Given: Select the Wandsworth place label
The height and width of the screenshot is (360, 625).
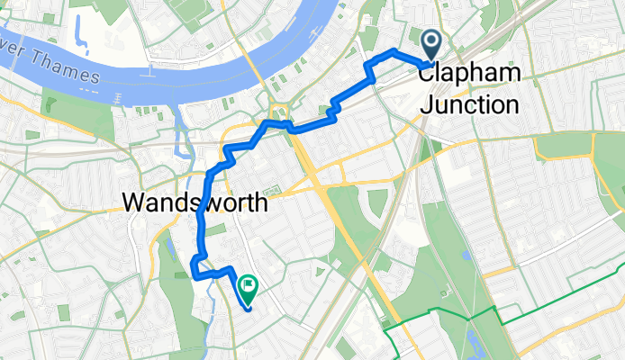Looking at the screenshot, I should (195, 202).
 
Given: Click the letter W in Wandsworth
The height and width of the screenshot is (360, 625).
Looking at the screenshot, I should (134, 202).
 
